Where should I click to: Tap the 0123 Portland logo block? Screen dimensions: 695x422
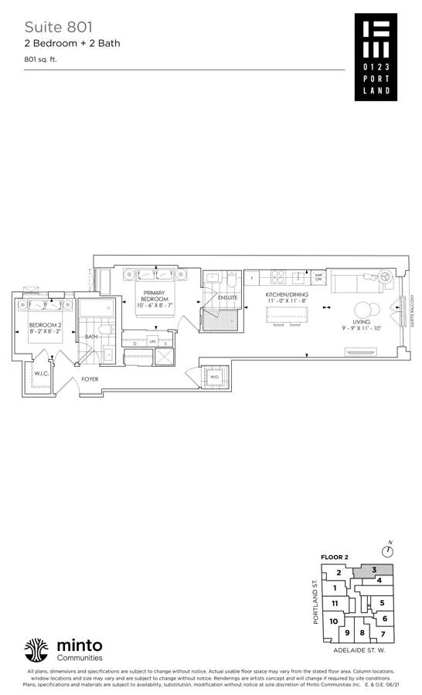pos(376,56)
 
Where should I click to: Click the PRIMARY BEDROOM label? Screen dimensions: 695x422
pos(150,298)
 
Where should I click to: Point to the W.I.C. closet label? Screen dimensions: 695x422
pos(39,373)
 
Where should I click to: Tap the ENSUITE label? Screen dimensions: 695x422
pos(228,297)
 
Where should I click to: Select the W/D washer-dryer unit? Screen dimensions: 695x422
pos(213,377)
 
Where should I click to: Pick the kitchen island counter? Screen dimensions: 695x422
pos(286,315)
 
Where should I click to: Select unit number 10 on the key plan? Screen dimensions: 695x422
pos(333,622)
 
